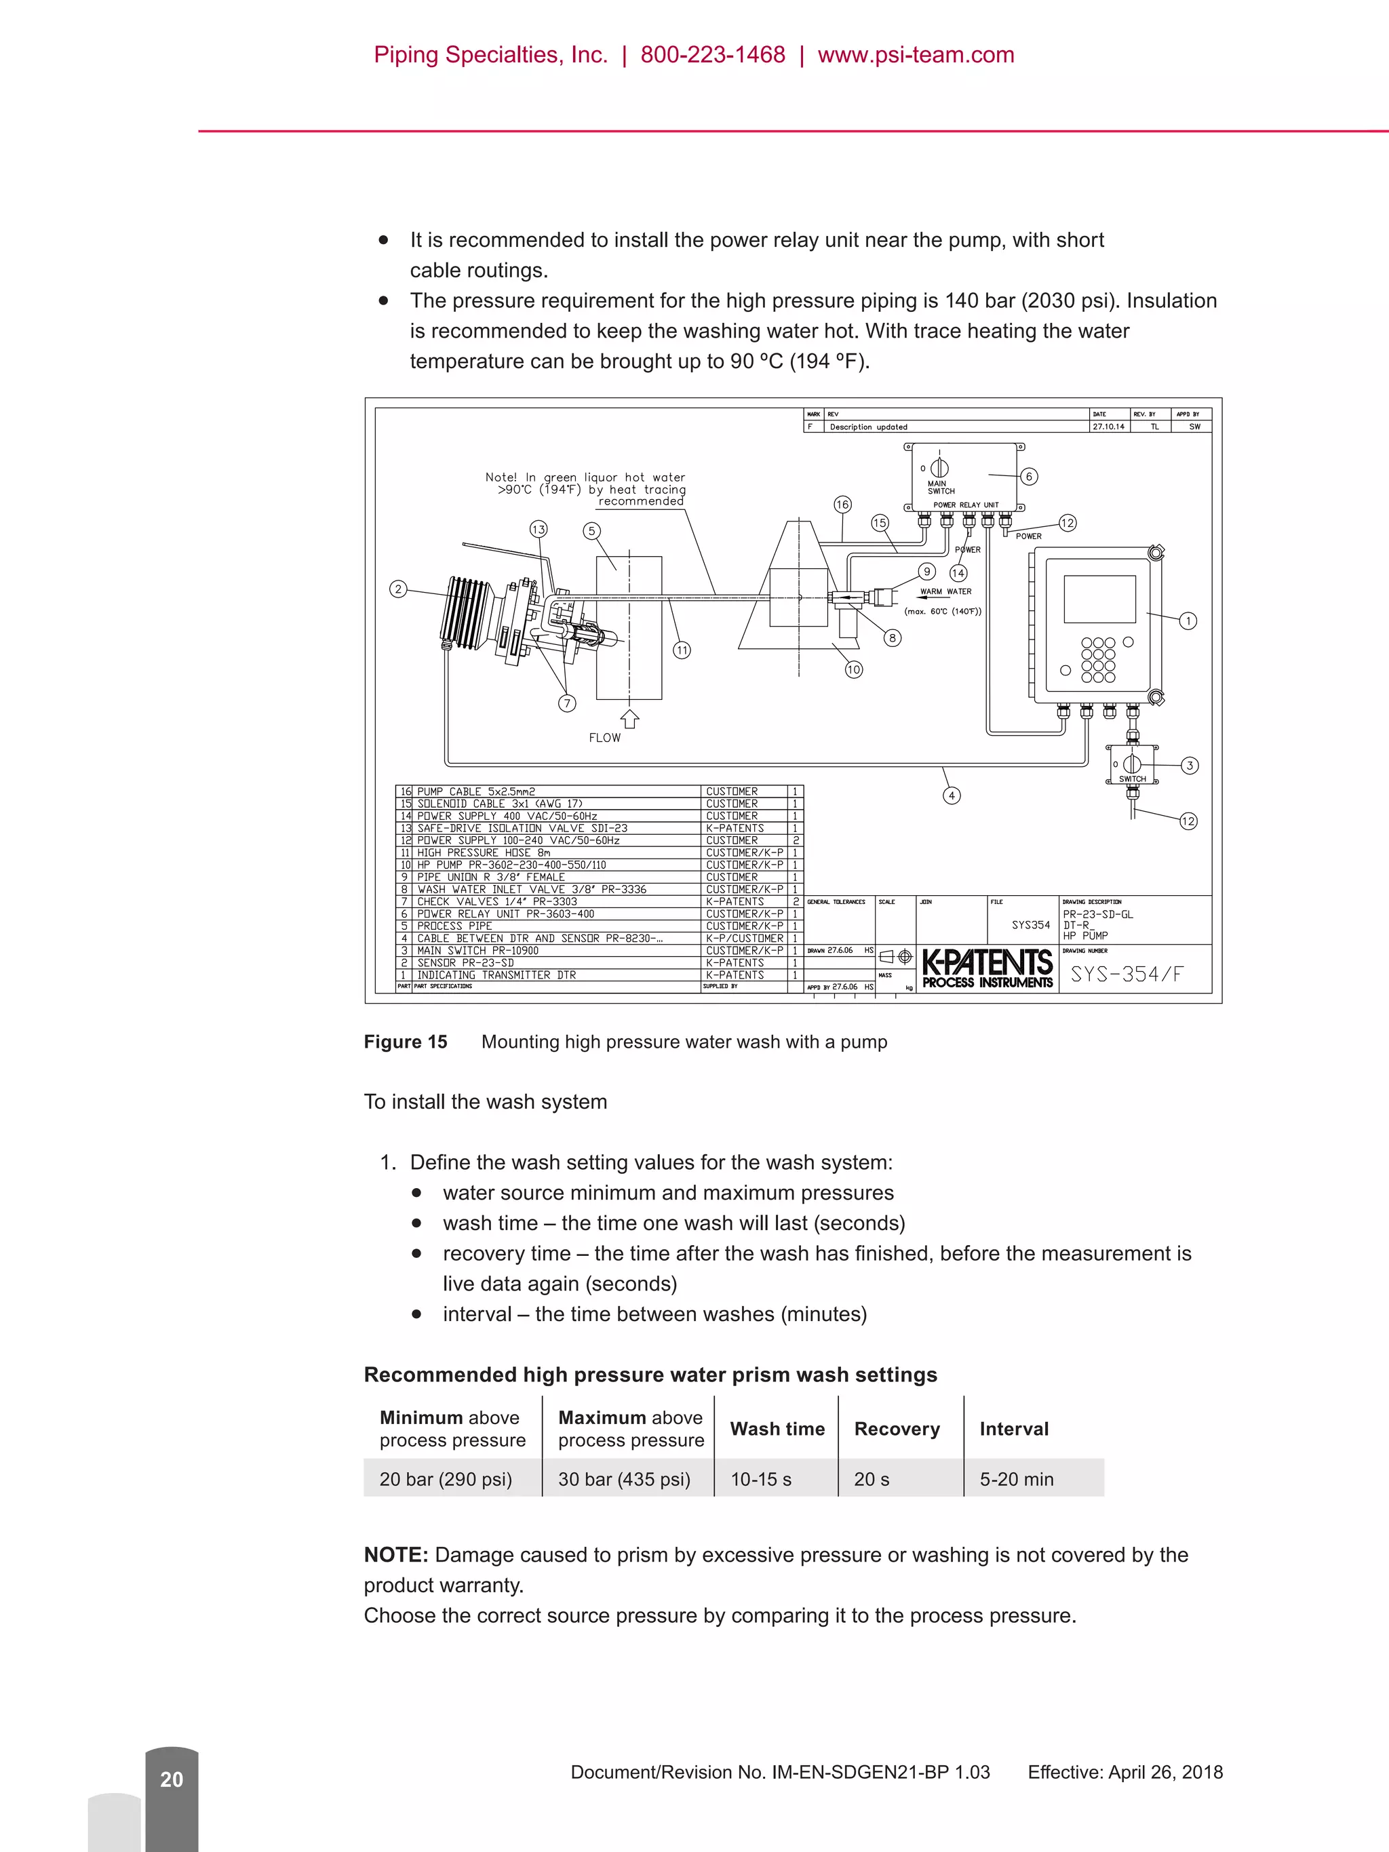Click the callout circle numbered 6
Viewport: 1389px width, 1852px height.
click(x=1029, y=477)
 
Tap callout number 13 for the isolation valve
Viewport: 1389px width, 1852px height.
click(x=539, y=529)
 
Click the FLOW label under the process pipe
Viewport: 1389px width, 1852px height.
click(x=604, y=738)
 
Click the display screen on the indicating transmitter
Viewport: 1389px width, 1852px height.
click(x=1099, y=599)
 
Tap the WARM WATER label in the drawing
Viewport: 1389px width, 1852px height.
click(x=945, y=591)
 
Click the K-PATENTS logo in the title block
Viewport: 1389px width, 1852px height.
click(x=987, y=968)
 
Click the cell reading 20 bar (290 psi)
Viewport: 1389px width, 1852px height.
click(x=446, y=1480)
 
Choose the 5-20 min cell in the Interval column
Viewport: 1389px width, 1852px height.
click(x=1017, y=1480)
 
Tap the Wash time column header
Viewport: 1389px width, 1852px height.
click(x=777, y=1430)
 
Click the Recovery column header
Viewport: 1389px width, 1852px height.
click(x=897, y=1430)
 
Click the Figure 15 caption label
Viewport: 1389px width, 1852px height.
click(x=405, y=1042)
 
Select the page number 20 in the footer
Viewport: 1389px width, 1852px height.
click(x=172, y=1779)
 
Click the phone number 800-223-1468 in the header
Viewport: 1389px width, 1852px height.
click(x=713, y=55)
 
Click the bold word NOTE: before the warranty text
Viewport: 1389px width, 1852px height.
click(x=396, y=1555)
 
